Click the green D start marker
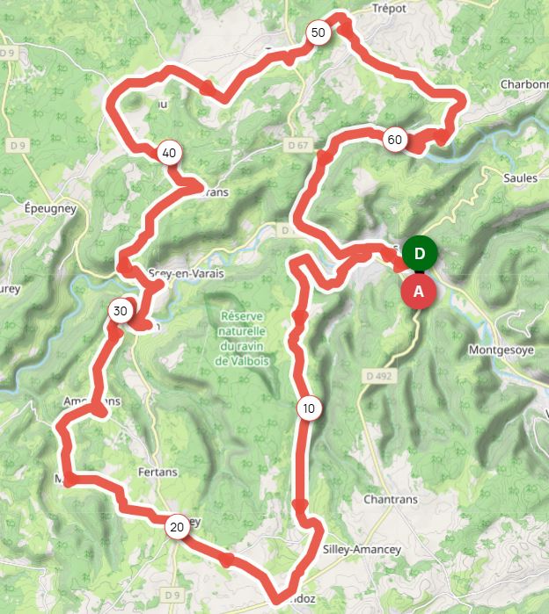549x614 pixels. point(421,254)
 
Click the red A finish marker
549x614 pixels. point(419,291)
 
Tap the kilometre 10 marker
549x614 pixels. point(307,408)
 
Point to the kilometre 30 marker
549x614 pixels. point(121,311)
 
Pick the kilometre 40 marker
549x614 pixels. point(169,153)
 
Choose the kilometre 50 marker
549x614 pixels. point(318,33)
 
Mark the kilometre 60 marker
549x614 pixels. point(394,140)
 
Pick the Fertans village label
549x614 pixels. point(157,472)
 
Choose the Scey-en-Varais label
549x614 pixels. point(187,273)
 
